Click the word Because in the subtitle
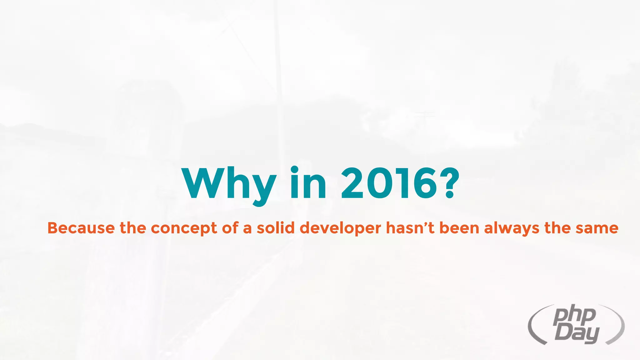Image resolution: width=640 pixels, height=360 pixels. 81,228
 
